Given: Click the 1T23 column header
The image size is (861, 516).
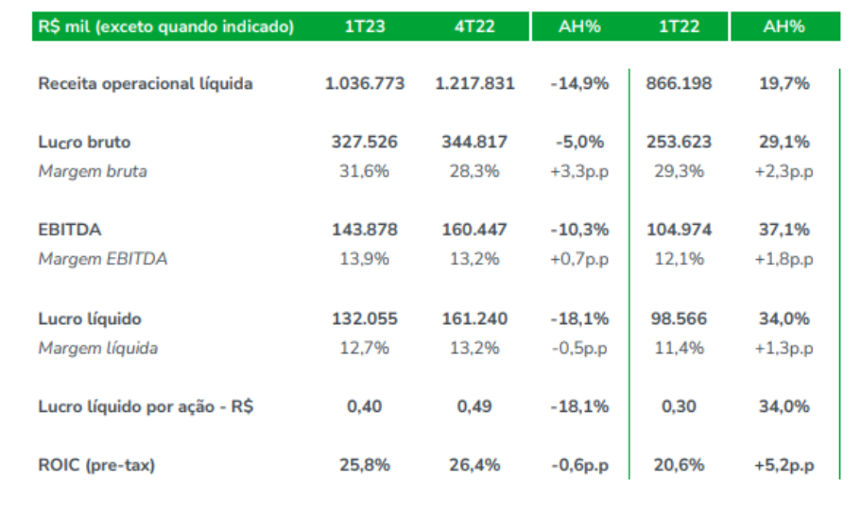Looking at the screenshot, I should click(364, 26).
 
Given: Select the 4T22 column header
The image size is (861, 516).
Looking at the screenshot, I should click(474, 26).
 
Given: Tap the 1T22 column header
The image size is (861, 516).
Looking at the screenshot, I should click(680, 26).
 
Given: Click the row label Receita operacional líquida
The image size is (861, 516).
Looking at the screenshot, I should click(146, 84).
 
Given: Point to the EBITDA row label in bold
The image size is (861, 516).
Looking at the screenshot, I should click(70, 230).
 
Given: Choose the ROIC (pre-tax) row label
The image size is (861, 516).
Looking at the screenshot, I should click(96, 465).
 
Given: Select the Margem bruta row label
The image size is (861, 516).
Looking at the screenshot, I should click(93, 171).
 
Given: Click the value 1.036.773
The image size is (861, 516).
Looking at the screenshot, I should click(364, 84).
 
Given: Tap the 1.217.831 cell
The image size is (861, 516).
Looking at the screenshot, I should click(474, 84).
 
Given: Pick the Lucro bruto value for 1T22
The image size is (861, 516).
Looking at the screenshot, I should click(680, 143).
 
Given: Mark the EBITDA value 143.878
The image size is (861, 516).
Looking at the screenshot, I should click(364, 230).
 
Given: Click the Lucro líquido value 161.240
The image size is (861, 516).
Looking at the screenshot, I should click(474, 319).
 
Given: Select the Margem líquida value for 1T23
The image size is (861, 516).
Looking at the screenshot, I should click(364, 348).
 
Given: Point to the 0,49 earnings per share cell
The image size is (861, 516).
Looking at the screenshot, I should click(474, 406).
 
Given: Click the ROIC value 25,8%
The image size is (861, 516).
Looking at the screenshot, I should click(364, 465).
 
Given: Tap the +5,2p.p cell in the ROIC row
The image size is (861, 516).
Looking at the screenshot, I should click(784, 465).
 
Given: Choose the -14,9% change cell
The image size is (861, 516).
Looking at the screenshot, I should click(579, 84).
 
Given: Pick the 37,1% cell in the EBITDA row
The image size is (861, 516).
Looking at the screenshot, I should click(784, 230).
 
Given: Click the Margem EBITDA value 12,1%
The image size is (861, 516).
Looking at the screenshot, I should click(680, 259).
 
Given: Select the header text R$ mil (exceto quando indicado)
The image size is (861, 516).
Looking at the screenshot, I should click(166, 26).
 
